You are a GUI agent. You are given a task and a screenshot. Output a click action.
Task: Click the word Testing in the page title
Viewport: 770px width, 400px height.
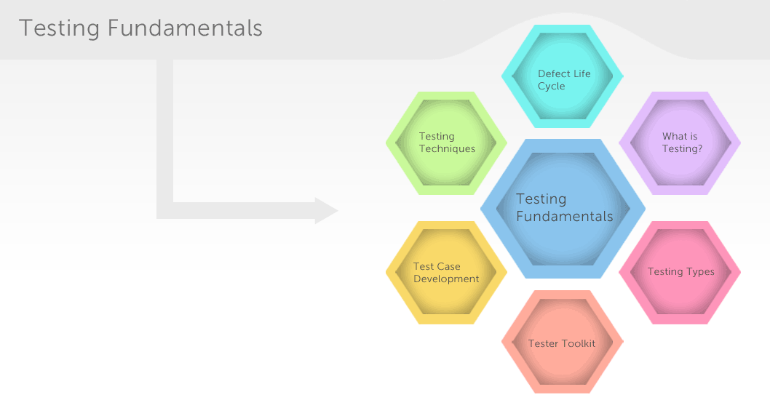click(x=59, y=28)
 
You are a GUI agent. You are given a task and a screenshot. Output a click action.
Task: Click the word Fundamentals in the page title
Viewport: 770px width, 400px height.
click(x=185, y=28)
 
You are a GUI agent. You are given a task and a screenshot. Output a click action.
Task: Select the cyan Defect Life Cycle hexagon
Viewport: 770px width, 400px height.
click(x=563, y=76)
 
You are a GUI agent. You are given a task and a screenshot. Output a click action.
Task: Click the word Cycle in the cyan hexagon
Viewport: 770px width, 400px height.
click(x=551, y=87)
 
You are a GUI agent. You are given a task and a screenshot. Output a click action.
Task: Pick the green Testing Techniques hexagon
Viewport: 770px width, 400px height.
click(x=446, y=143)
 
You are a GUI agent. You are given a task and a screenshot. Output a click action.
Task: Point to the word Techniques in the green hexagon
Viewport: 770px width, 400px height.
click(x=447, y=148)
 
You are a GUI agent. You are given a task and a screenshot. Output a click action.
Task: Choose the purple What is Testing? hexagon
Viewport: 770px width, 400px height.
click(x=680, y=143)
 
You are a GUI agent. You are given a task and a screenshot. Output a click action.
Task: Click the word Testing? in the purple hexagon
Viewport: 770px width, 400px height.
click(x=682, y=148)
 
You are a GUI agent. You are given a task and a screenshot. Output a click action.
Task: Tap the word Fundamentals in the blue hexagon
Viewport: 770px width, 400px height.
click(x=564, y=217)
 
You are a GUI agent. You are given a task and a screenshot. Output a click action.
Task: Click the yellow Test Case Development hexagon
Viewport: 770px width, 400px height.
click(x=446, y=273)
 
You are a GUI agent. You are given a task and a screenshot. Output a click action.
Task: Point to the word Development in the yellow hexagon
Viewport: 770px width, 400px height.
click(x=446, y=279)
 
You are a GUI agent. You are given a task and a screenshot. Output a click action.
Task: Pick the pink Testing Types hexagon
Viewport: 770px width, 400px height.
click(x=680, y=273)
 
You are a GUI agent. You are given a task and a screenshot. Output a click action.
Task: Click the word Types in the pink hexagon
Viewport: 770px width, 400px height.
click(x=701, y=272)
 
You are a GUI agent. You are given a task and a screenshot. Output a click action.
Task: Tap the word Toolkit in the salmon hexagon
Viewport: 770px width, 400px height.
click(x=579, y=343)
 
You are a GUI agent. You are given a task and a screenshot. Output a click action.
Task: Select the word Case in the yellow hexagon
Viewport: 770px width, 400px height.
click(x=449, y=266)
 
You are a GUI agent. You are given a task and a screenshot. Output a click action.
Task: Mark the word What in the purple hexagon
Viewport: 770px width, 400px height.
click(x=673, y=137)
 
